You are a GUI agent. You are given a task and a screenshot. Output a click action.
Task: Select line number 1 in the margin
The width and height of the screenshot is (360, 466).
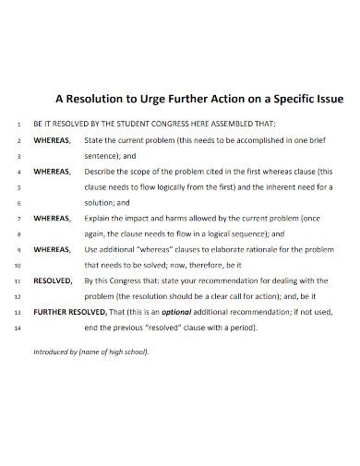pos(18,124)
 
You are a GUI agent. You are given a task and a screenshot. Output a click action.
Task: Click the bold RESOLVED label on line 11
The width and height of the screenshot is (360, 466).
pos(53,281)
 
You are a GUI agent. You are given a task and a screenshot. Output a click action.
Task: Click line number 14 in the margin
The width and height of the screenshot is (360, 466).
pos(18,328)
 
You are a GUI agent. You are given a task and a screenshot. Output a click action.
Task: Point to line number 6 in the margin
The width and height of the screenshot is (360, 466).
pos(18,203)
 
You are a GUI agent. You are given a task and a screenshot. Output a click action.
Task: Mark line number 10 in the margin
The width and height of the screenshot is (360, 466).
pos(18,265)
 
